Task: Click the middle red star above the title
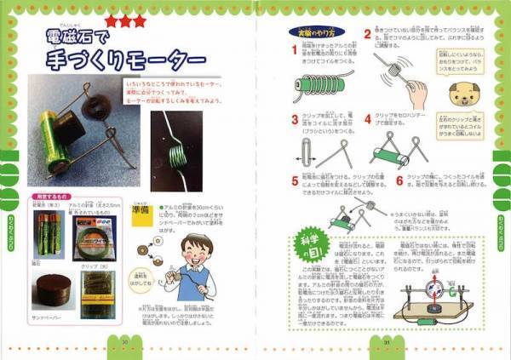click(x=125, y=20)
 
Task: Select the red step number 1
click(x=294, y=50)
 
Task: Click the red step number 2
click(x=368, y=35)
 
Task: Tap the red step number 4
click(x=368, y=120)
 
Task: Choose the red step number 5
click(x=295, y=180)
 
